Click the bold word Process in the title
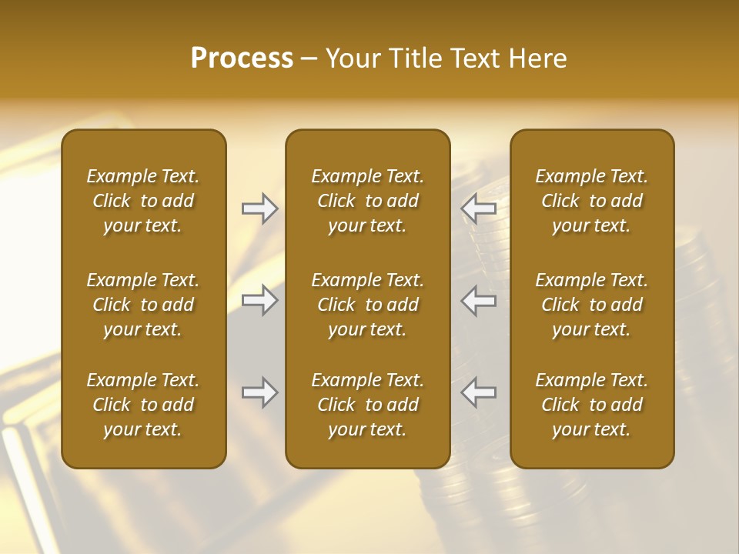[x=242, y=58]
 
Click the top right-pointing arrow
[x=260, y=209]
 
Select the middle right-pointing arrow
[x=260, y=300]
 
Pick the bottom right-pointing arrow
[x=260, y=392]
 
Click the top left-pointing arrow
[x=478, y=209]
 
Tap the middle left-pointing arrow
[x=478, y=300]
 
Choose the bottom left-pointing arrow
[x=478, y=392]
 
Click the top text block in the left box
[x=143, y=201]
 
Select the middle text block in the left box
[x=143, y=305]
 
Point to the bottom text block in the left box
[x=143, y=405]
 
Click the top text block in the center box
[x=368, y=201]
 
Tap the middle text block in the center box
[x=368, y=305]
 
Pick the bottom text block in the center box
[x=368, y=405]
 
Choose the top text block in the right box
[x=592, y=201]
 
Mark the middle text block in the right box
[x=592, y=305]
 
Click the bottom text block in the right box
[x=592, y=405]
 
